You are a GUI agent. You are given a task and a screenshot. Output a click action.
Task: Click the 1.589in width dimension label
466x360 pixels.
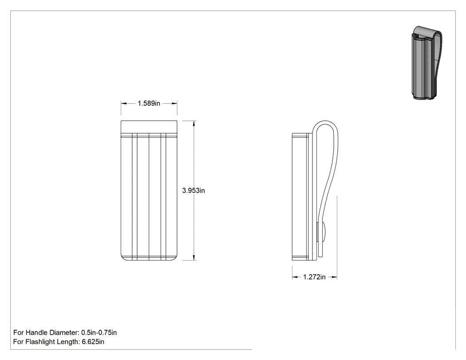pos(149,103)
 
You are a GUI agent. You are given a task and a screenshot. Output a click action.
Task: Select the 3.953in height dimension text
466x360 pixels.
pos(194,190)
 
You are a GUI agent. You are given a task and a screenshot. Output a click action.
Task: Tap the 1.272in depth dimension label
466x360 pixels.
pos(314,277)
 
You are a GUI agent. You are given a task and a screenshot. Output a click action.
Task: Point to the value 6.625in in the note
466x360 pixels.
pos(93,342)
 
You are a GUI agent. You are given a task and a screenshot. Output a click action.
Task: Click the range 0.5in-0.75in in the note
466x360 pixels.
pos(99,332)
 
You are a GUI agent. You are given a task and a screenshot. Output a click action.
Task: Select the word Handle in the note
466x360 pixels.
pos(37,332)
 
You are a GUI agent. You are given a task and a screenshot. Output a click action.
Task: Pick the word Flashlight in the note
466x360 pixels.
pos(40,342)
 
